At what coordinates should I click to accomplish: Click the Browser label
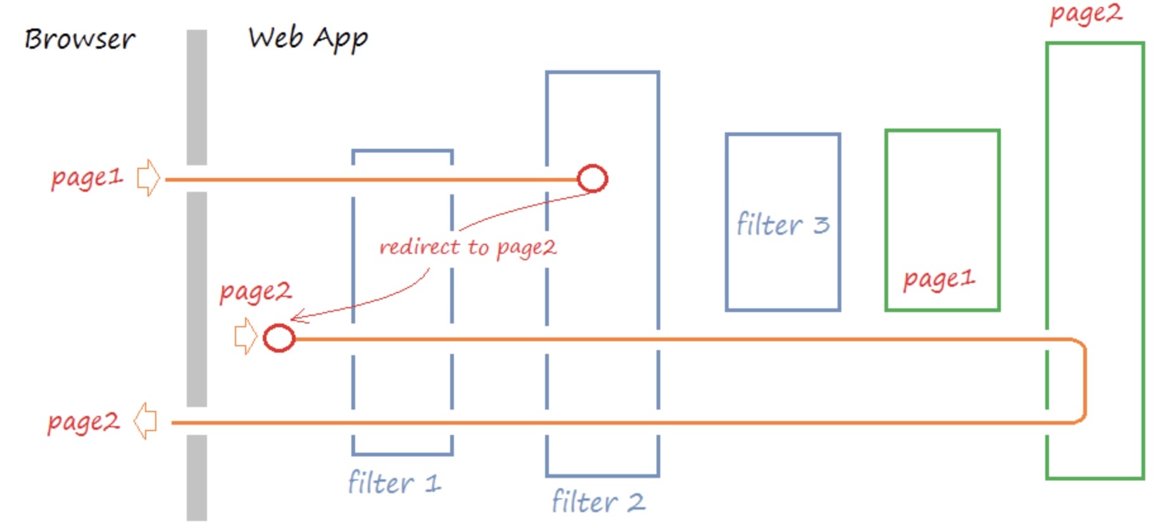pos(80,39)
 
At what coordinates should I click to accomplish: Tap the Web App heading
pos(308,39)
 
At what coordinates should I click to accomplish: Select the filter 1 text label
pos(394,483)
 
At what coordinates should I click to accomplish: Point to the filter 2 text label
pos(598,502)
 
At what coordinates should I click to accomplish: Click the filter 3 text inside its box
pos(782,225)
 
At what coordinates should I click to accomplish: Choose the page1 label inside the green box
pos(939,279)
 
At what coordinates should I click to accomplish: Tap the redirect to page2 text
pos(467,247)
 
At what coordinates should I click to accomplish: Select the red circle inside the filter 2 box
pos(593,179)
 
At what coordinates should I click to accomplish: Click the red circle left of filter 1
pos(279,338)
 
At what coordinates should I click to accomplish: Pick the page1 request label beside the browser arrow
pos(87,178)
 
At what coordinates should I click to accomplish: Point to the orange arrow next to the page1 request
pos(148,178)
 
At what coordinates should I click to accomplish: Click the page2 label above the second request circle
pos(255,292)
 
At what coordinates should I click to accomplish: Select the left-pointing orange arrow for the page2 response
pos(146,421)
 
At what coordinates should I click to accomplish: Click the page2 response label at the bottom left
pos(83,422)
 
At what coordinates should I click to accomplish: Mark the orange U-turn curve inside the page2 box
pos(1084,380)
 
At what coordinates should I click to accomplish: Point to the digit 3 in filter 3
pos(821,225)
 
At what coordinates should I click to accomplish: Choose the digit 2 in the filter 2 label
pos(636,502)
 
